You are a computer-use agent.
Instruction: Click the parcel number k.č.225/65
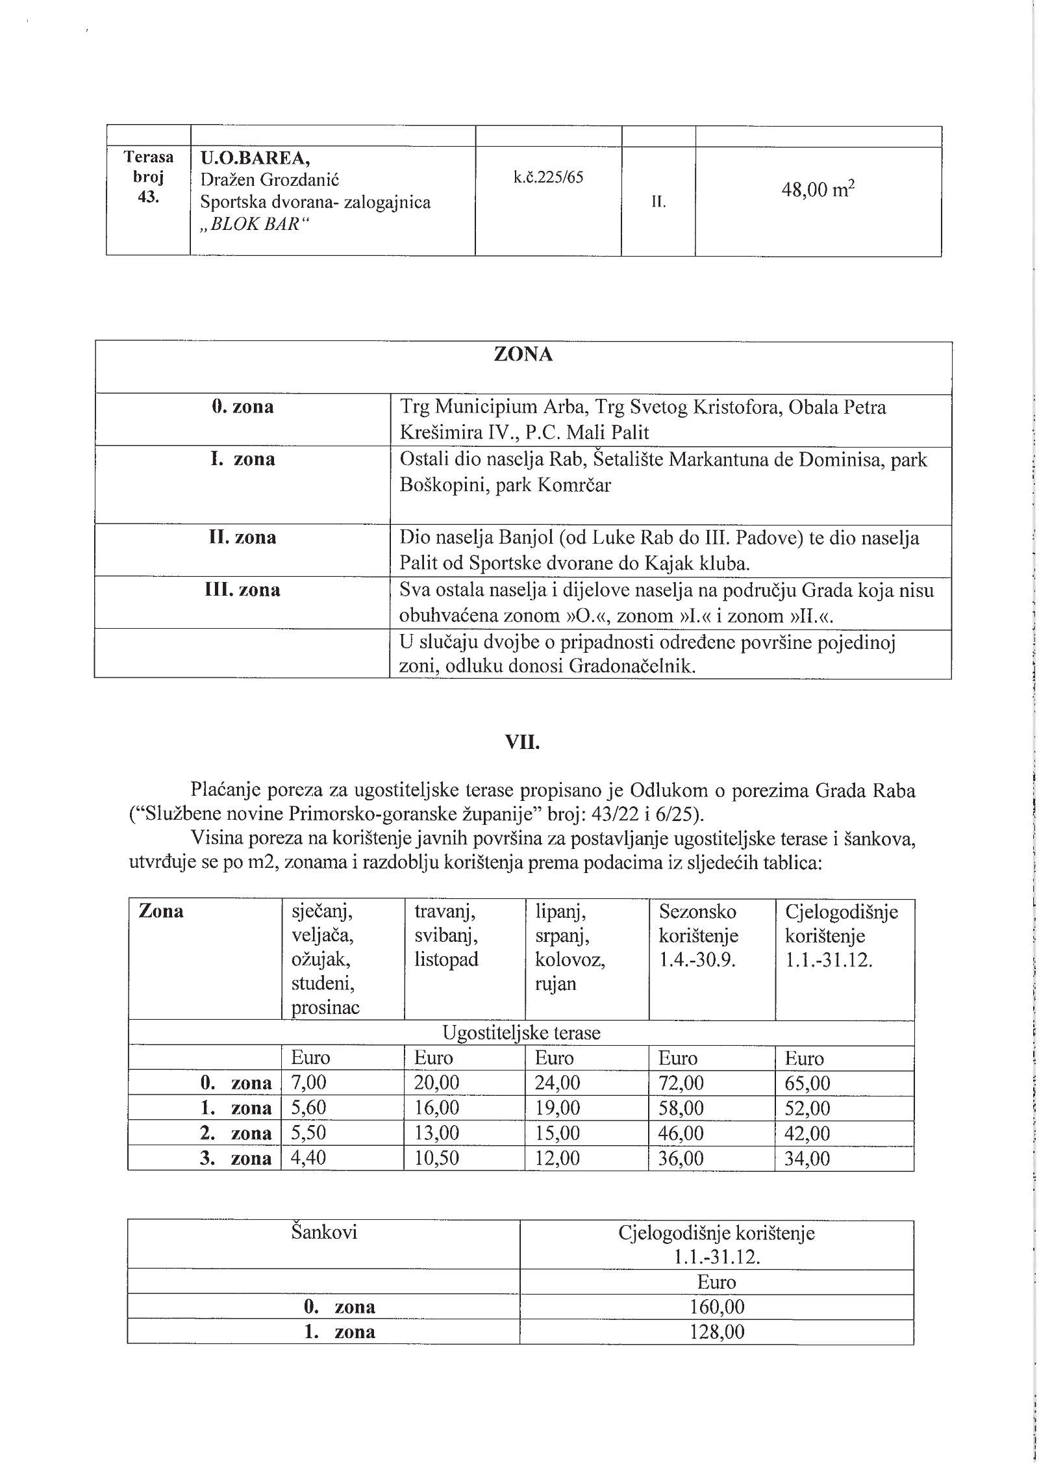548,177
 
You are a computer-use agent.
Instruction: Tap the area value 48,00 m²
818,190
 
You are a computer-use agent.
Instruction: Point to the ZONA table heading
523,355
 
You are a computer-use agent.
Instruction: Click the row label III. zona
242,590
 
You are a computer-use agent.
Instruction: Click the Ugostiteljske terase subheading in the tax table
521,1033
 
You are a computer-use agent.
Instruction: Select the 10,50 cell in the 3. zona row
436,1158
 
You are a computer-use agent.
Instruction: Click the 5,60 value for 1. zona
308,1108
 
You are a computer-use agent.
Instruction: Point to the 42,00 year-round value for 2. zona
807,1134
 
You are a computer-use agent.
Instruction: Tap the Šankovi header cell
324,1232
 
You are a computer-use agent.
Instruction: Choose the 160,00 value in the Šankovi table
717,1307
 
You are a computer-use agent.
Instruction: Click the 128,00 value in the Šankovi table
717,1332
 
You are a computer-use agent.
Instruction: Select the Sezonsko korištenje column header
698,924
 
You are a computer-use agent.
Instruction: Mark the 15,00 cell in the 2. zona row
557,1134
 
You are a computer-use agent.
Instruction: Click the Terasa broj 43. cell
149,177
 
